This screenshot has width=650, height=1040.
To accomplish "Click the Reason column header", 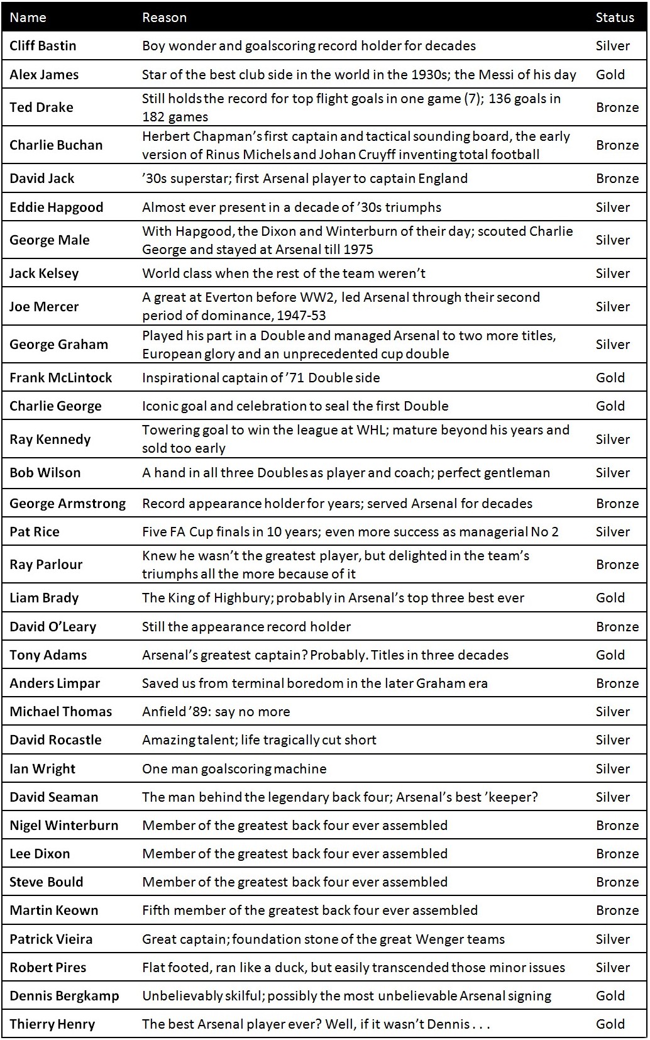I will [x=164, y=18].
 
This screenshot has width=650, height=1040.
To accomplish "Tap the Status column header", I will [x=614, y=18].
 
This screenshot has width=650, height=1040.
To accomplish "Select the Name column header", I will [x=28, y=18].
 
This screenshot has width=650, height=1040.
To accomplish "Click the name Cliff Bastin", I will [x=43, y=46].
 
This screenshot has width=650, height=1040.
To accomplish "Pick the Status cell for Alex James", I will [x=610, y=75].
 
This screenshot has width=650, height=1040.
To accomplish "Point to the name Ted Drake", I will [x=41, y=108].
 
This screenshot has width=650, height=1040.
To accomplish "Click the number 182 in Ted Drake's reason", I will [x=153, y=117].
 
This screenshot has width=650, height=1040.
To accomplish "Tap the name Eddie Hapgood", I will [x=56, y=207].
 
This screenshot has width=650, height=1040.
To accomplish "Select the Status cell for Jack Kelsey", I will [x=612, y=274].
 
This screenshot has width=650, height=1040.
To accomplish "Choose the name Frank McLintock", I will [x=60, y=378].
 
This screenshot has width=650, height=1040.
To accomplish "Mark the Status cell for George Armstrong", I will [x=617, y=504].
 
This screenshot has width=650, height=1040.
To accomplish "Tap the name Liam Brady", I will [x=44, y=598].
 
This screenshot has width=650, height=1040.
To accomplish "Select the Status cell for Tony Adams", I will [x=610, y=655].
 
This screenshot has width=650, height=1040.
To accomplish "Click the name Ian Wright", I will [x=42, y=769].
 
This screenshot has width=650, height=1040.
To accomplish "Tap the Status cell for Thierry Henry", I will [x=610, y=1024].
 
